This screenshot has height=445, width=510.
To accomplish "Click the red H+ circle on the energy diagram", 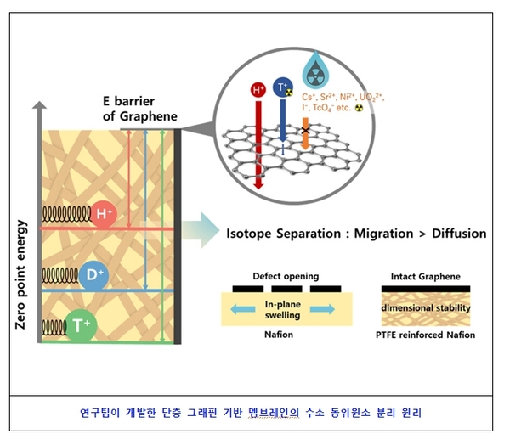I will [x=104, y=215].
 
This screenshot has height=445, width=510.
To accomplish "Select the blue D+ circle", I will [x=95, y=275].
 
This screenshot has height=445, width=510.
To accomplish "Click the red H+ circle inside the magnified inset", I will [x=258, y=89].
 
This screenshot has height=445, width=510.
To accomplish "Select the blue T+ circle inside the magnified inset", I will [x=281, y=87].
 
